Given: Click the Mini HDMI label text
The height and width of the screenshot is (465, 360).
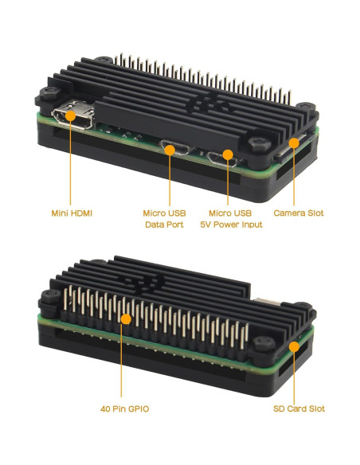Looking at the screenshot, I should coord(72,213).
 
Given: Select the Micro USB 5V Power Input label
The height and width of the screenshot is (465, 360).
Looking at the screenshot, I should coord(230,219).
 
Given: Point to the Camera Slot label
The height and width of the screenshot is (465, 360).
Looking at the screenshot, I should coord(299,213).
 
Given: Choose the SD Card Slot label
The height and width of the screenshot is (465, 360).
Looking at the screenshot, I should coord(298,409).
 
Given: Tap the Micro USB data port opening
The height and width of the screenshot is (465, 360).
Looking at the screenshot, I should coord(169,147).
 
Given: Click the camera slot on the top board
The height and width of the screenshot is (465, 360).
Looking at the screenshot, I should coord(292,146).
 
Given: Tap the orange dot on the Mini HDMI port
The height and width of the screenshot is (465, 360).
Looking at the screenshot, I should coord(71,117).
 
